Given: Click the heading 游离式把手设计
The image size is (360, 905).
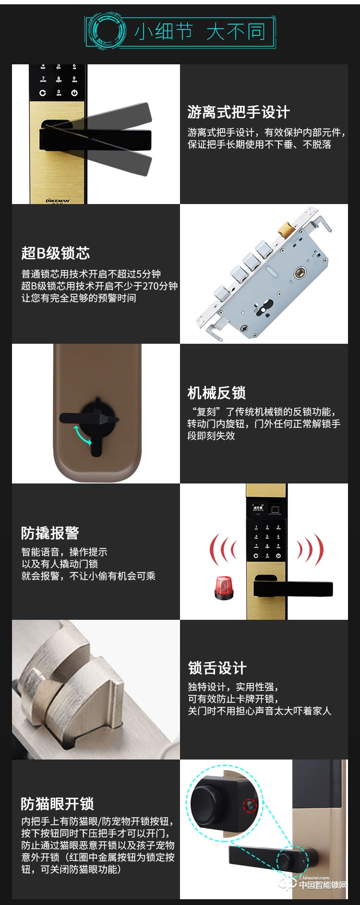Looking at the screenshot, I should (239, 112).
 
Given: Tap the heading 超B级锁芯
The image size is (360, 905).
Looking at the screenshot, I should (55, 253).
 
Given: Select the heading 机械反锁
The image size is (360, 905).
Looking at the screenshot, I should (216, 393).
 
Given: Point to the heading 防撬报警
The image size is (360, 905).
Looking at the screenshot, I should (50, 533).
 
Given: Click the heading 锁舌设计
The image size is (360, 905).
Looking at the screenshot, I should (217, 668).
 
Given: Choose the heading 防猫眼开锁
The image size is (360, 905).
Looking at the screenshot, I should (57, 803).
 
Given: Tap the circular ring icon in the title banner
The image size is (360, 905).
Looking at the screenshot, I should (107, 32).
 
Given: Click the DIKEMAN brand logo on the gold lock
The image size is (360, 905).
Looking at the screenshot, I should (58, 200).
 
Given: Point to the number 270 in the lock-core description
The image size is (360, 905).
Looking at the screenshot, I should (151, 286).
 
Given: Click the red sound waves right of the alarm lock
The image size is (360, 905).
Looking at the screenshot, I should (311, 549).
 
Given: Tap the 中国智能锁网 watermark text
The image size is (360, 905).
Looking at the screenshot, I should (323, 885).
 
